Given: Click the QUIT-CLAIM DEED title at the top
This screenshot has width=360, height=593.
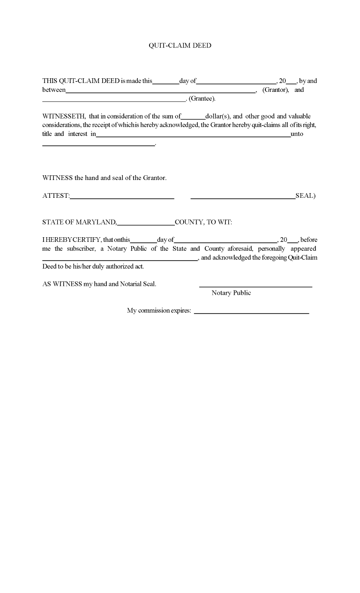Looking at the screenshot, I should [x=180, y=45].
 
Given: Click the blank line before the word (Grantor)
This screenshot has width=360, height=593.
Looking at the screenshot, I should [x=160, y=92].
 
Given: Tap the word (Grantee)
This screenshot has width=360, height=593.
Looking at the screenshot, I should [x=202, y=98].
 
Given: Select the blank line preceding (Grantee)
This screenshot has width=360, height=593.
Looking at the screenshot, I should [x=114, y=100].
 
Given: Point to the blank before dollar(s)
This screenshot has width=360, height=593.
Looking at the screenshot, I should [x=193, y=118].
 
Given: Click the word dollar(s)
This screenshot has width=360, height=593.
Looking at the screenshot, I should [x=217, y=116].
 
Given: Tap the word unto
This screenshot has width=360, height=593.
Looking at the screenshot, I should [x=297, y=134].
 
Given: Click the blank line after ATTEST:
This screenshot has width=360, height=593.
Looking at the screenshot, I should [x=122, y=198].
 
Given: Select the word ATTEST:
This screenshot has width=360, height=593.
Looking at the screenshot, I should [x=56, y=196].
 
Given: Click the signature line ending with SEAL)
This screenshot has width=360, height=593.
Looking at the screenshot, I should [x=243, y=198].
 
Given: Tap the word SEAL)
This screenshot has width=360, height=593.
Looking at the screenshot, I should [x=306, y=196].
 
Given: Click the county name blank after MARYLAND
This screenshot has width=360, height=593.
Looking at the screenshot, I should [x=146, y=224].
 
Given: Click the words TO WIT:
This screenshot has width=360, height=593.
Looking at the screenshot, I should [x=219, y=222].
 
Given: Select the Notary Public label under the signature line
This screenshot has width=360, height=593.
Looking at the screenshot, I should [x=231, y=293].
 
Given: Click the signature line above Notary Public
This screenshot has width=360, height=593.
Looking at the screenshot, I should [x=255, y=286].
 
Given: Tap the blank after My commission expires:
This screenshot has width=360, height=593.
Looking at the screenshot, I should [x=251, y=313].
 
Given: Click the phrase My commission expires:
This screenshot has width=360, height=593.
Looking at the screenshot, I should [x=159, y=311].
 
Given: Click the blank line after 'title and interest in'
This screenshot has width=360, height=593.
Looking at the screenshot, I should [x=193, y=136].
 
